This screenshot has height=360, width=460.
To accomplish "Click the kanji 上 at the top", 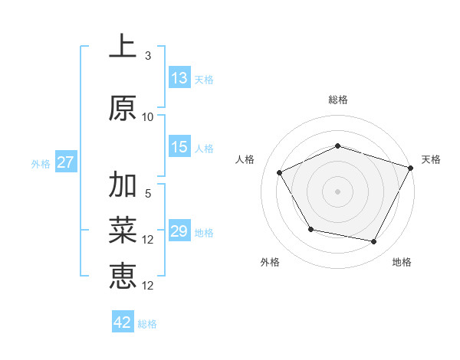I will pos(123,47).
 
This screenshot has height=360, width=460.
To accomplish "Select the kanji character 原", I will pos(123,108).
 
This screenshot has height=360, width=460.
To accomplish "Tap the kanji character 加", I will pos(123,186).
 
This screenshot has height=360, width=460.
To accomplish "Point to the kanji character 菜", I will pos(123,230).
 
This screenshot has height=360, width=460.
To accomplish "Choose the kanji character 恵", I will pos(123,275).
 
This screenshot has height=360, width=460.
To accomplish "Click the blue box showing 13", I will pos(179,78).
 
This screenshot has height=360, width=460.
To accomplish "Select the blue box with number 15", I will pos(179,148).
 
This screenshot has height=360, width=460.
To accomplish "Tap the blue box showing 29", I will pos(179,232).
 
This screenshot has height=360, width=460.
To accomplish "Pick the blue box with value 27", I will pos(65,162).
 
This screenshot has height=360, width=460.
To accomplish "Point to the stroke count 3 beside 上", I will pos(148,56).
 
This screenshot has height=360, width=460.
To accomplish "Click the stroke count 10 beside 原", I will pos(148,117).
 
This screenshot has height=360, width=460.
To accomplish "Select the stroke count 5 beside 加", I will pos(148,195).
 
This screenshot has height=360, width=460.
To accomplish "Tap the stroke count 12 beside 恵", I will pos(148,285).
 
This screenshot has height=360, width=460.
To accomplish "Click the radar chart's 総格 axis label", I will pos(338,100).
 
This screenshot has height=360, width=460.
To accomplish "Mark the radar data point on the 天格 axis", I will pos(411,168).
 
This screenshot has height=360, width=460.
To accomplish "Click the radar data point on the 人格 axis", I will pos(280,172).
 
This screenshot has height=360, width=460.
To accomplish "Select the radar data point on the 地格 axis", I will pos(374,241).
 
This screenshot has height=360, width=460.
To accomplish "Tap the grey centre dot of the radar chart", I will pos(338,191).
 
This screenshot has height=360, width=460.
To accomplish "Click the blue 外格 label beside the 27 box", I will pos(41,163).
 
